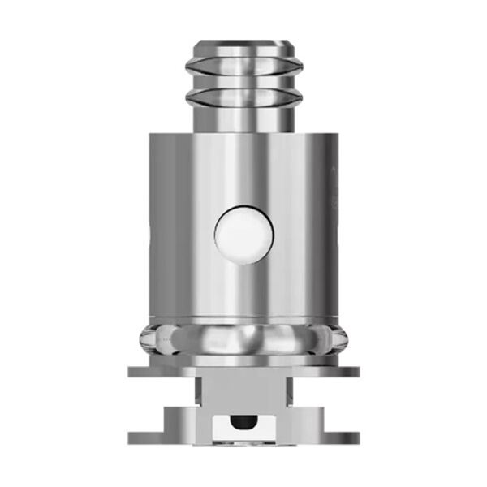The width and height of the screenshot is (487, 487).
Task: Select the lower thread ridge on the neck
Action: click(x=243, y=98)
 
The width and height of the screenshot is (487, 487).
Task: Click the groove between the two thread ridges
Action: click(x=243, y=83)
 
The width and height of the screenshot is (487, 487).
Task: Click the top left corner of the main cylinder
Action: click(x=153, y=137)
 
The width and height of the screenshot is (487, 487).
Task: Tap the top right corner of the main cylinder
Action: click(x=334, y=137)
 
